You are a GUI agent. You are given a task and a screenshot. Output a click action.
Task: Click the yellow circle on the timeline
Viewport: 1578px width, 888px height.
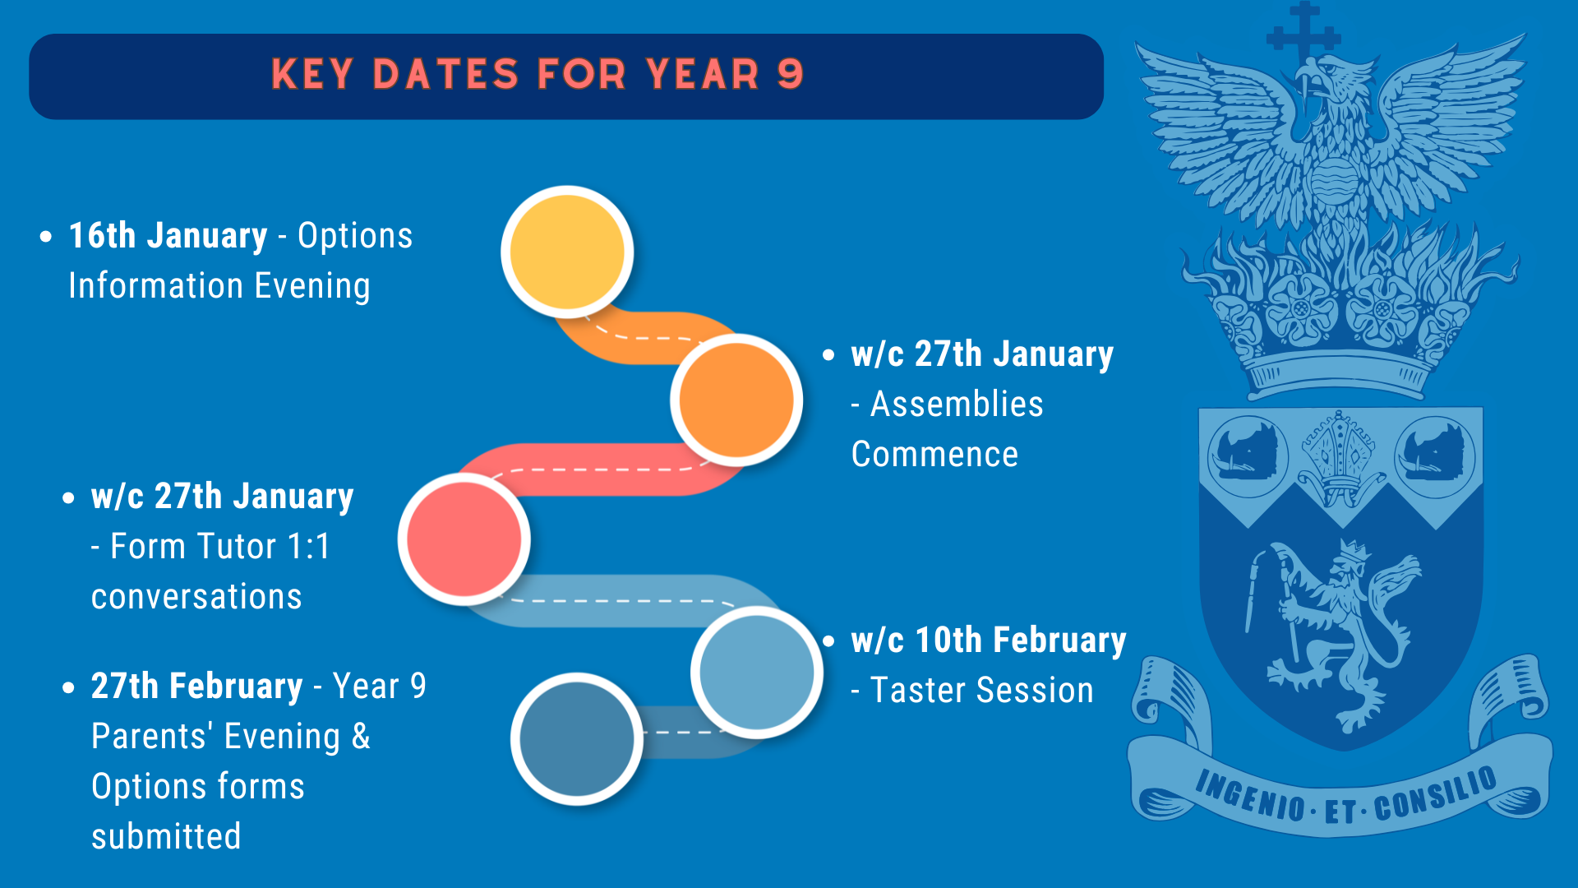tap(567, 251)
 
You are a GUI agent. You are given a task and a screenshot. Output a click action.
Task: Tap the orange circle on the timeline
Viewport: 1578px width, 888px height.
tap(736, 400)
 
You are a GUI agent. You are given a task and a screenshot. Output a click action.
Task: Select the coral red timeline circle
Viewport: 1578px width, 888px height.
tap(464, 539)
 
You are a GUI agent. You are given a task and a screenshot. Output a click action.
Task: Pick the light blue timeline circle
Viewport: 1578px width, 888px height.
tap(757, 672)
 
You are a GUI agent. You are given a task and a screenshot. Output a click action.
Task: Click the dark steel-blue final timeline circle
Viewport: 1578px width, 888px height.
tap(577, 738)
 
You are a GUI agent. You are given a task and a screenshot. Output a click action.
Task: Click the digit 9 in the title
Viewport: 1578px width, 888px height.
tap(790, 74)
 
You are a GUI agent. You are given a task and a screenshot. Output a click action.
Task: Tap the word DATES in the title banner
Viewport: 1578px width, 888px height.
tap(445, 74)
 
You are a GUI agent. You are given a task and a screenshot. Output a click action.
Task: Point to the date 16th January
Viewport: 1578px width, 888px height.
tap(168, 236)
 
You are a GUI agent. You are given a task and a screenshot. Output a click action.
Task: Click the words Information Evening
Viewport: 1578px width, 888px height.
tap(219, 286)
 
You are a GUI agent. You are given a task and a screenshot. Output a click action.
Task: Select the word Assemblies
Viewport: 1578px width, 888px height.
tap(957, 405)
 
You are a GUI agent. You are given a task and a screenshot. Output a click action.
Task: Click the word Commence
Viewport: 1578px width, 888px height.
tap(934, 455)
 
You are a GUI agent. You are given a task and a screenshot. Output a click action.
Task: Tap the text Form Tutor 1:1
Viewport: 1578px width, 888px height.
tap(220, 547)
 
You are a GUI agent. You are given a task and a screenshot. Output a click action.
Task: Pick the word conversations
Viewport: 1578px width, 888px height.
tap(196, 597)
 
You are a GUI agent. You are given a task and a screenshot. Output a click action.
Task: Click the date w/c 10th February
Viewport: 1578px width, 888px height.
tap(989, 641)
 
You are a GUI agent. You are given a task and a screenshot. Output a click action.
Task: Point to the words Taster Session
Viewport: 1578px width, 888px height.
tap(982, 691)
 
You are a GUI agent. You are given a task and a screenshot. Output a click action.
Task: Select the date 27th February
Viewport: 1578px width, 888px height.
tap(197, 687)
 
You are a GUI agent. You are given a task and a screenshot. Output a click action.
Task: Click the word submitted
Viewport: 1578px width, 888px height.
tap(166, 837)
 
